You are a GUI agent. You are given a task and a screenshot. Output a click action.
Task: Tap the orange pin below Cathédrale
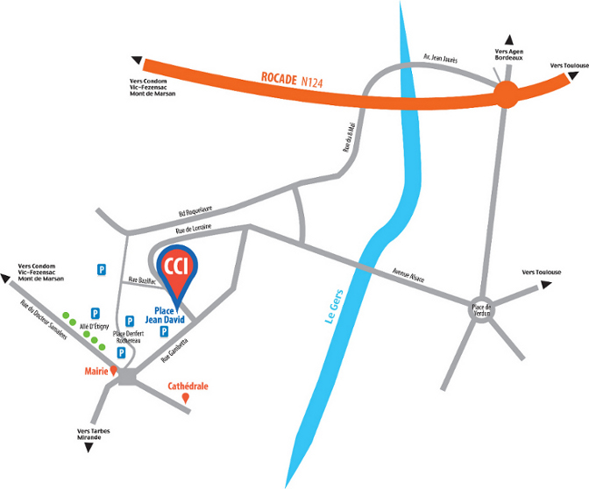point(185,399)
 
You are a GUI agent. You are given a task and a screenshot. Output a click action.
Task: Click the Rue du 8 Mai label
point(351,139)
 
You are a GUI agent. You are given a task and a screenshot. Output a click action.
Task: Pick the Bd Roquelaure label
point(195,211)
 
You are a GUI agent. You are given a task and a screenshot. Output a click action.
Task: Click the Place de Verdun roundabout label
point(485,310)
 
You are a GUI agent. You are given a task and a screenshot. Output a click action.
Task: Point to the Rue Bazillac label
point(141,280)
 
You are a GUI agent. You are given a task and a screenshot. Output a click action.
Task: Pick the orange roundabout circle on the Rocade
point(506,94)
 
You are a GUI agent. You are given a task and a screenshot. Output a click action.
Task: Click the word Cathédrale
point(188,385)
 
